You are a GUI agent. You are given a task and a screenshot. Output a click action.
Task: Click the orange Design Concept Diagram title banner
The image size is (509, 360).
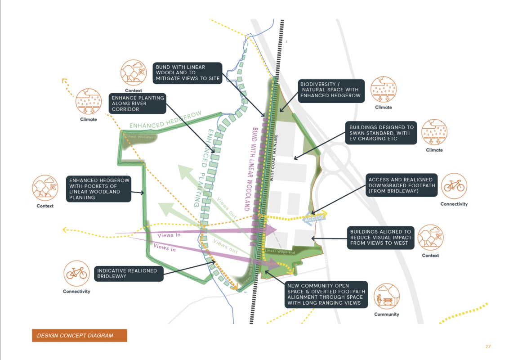pos(79,336)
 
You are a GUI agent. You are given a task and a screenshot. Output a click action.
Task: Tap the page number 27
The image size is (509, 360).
pos(488,346)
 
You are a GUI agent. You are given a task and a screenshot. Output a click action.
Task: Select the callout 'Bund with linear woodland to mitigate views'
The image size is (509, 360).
pos(188,73)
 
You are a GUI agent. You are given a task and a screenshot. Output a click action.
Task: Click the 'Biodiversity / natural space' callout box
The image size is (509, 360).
pos(330,90)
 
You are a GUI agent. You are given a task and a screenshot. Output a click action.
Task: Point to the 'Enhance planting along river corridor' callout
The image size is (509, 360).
pos(138,103)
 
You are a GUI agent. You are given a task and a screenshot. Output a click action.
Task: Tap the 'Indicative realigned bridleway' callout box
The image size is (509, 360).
pos(128,274)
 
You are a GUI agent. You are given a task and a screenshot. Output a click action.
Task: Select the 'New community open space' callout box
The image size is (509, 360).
pos(326,294)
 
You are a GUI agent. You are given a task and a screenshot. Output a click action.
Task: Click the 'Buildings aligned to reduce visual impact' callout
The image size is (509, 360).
pos(380,238)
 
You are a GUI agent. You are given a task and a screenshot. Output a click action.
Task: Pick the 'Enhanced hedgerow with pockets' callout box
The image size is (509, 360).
pos(99,189)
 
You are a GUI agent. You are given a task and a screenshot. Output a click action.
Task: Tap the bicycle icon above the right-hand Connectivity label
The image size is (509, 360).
pos(454,186)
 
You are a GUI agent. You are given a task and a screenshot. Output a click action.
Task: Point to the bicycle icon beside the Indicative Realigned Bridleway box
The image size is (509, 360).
pos(76,274)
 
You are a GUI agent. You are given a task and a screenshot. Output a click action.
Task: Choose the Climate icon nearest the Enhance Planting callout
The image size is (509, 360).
pos(88,102)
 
